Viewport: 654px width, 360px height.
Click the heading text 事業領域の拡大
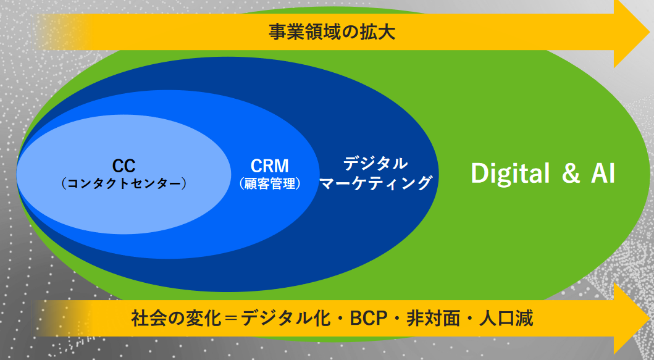(x=332, y=32)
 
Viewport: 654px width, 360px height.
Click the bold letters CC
(x=124, y=166)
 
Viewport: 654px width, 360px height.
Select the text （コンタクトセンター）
(x=124, y=183)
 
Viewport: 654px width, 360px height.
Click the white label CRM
(x=269, y=166)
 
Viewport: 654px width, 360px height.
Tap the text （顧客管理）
(x=270, y=183)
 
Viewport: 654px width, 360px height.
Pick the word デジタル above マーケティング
(x=375, y=163)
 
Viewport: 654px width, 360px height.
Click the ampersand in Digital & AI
(x=571, y=173)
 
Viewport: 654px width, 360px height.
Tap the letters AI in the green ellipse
(x=603, y=173)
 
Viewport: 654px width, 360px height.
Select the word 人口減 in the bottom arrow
(x=506, y=318)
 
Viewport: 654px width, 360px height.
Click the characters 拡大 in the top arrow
(x=377, y=32)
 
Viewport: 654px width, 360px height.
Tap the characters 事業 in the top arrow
(x=287, y=32)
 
